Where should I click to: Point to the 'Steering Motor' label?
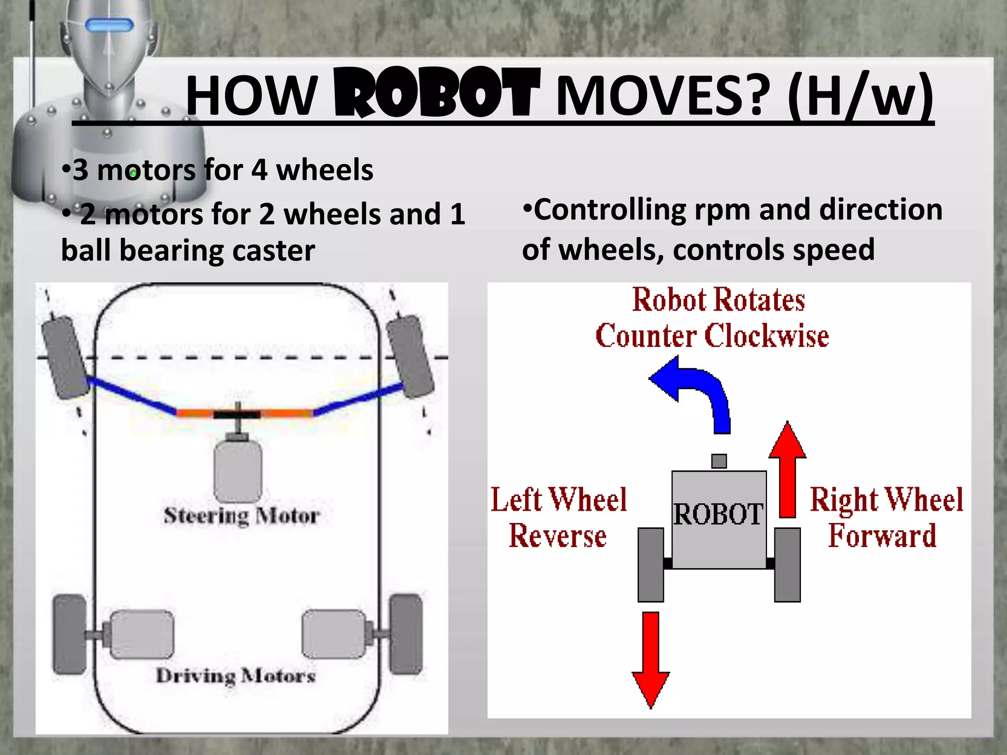point(241,516)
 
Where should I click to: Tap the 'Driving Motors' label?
point(236,676)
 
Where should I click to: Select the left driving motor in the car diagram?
point(141,635)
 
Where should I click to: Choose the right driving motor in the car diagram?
point(334,634)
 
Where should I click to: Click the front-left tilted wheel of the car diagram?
point(66,357)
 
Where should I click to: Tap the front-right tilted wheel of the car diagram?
point(411,357)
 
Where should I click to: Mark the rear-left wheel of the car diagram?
point(70,634)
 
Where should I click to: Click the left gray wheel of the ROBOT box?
point(651,565)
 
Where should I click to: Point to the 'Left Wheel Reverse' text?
point(559,517)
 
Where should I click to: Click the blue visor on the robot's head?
point(109,25)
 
